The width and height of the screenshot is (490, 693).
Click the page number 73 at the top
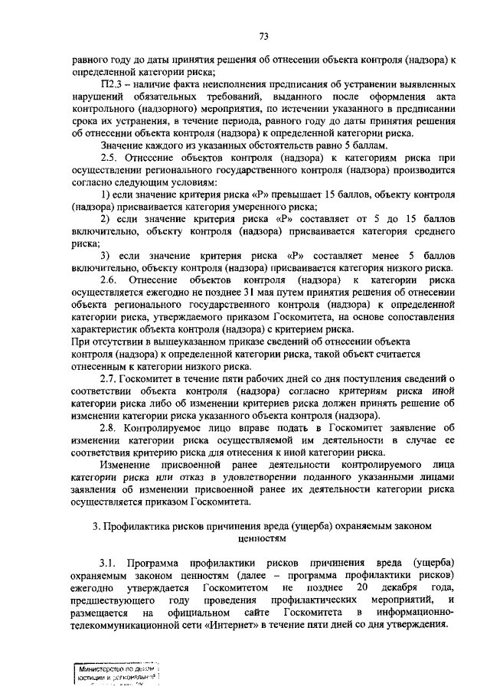click(x=263, y=36)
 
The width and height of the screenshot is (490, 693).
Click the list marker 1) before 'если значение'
click(x=106, y=195)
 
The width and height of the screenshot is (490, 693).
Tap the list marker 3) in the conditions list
click(x=106, y=256)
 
